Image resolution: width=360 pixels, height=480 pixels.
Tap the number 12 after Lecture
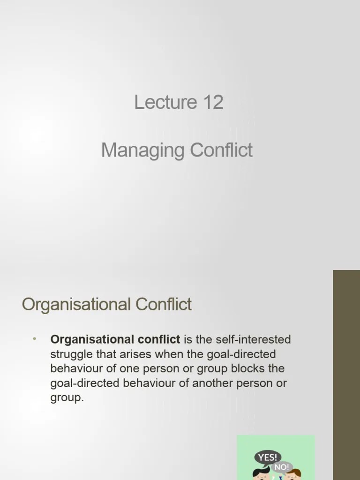pyautogui.click(x=213, y=102)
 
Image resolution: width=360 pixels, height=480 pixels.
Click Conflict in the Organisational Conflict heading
pyautogui.click(x=164, y=305)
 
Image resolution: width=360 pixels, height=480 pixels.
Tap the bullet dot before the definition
pyautogui.click(x=35, y=339)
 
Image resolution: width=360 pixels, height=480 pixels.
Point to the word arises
pyautogui.click(x=139, y=354)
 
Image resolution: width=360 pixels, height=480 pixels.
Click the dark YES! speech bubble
pyautogui.click(x=268, y=457)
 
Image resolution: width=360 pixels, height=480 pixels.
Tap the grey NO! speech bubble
pyautogui.click(x=282, y=467)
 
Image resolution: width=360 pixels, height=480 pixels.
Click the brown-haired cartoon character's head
pyautogui.click(x=293, y=474)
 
